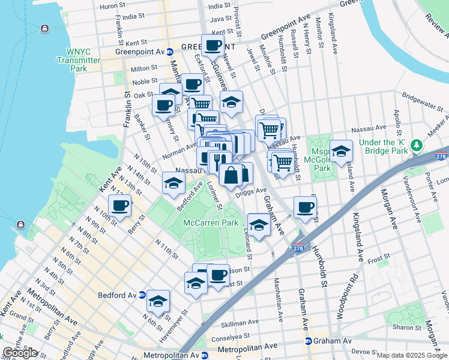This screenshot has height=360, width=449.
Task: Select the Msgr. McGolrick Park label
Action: tap(322, 160)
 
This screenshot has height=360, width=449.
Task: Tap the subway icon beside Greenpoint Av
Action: tap(170, 52)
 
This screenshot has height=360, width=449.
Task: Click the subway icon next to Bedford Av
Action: tap(141, 295)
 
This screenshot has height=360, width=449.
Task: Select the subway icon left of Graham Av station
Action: tap(309, 341)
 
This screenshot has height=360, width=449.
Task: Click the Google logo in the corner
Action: tap(20, 353)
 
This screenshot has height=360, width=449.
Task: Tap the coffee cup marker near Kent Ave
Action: tap(119, 206)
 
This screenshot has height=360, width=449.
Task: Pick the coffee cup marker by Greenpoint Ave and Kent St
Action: tap(212, 45)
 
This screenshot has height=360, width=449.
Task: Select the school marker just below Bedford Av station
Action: tap(158, 302)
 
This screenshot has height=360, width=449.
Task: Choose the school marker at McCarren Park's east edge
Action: tap(259, 225)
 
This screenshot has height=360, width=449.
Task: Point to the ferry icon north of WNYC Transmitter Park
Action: tap(44, 29)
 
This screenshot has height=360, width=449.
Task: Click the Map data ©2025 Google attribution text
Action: tap(412, 355)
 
